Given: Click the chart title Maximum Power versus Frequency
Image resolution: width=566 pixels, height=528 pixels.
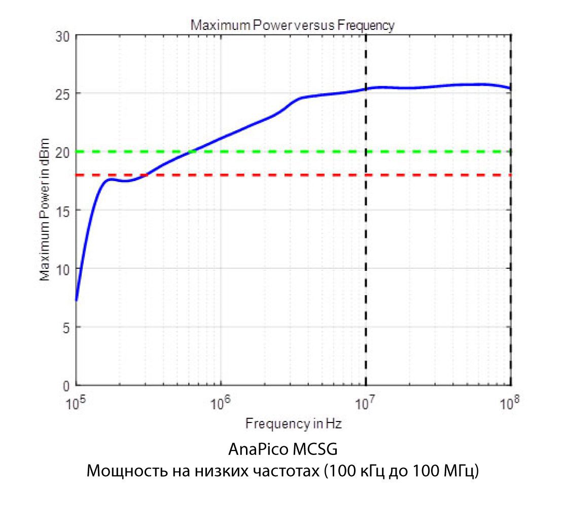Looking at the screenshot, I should click(292, 25).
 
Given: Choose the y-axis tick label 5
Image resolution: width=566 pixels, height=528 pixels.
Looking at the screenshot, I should click(65, 327).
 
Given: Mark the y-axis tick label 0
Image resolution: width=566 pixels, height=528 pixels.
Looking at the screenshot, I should click(65, 385).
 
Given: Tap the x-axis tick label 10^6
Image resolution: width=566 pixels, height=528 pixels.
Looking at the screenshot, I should click(220, 403).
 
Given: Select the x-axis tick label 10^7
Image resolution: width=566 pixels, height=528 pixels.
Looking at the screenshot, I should click(365, 403).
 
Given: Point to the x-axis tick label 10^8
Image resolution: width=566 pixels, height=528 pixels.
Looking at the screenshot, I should click(510, 403).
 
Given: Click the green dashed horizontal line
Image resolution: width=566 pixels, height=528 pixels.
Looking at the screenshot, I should click(431, 152).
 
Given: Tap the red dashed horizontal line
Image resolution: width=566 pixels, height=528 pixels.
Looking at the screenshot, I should click(431, 175).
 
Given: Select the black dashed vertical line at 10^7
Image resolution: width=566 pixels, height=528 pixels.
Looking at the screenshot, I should click(366, 279).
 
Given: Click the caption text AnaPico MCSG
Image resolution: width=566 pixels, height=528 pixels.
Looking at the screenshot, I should click(282, 450).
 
